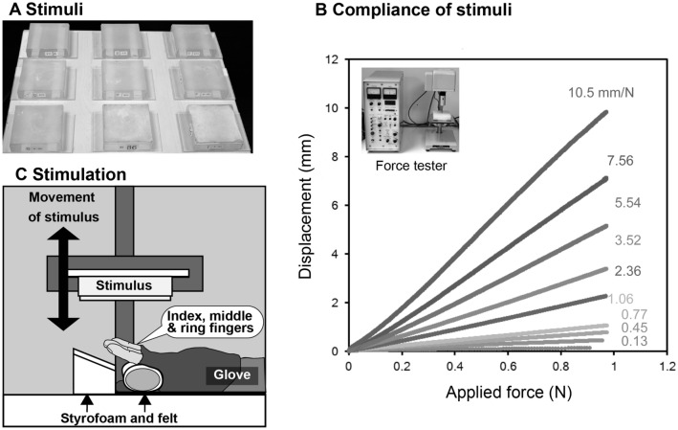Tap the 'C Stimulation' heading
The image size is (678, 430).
63,175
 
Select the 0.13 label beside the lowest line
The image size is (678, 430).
636,341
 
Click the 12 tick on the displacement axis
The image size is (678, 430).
331,59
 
